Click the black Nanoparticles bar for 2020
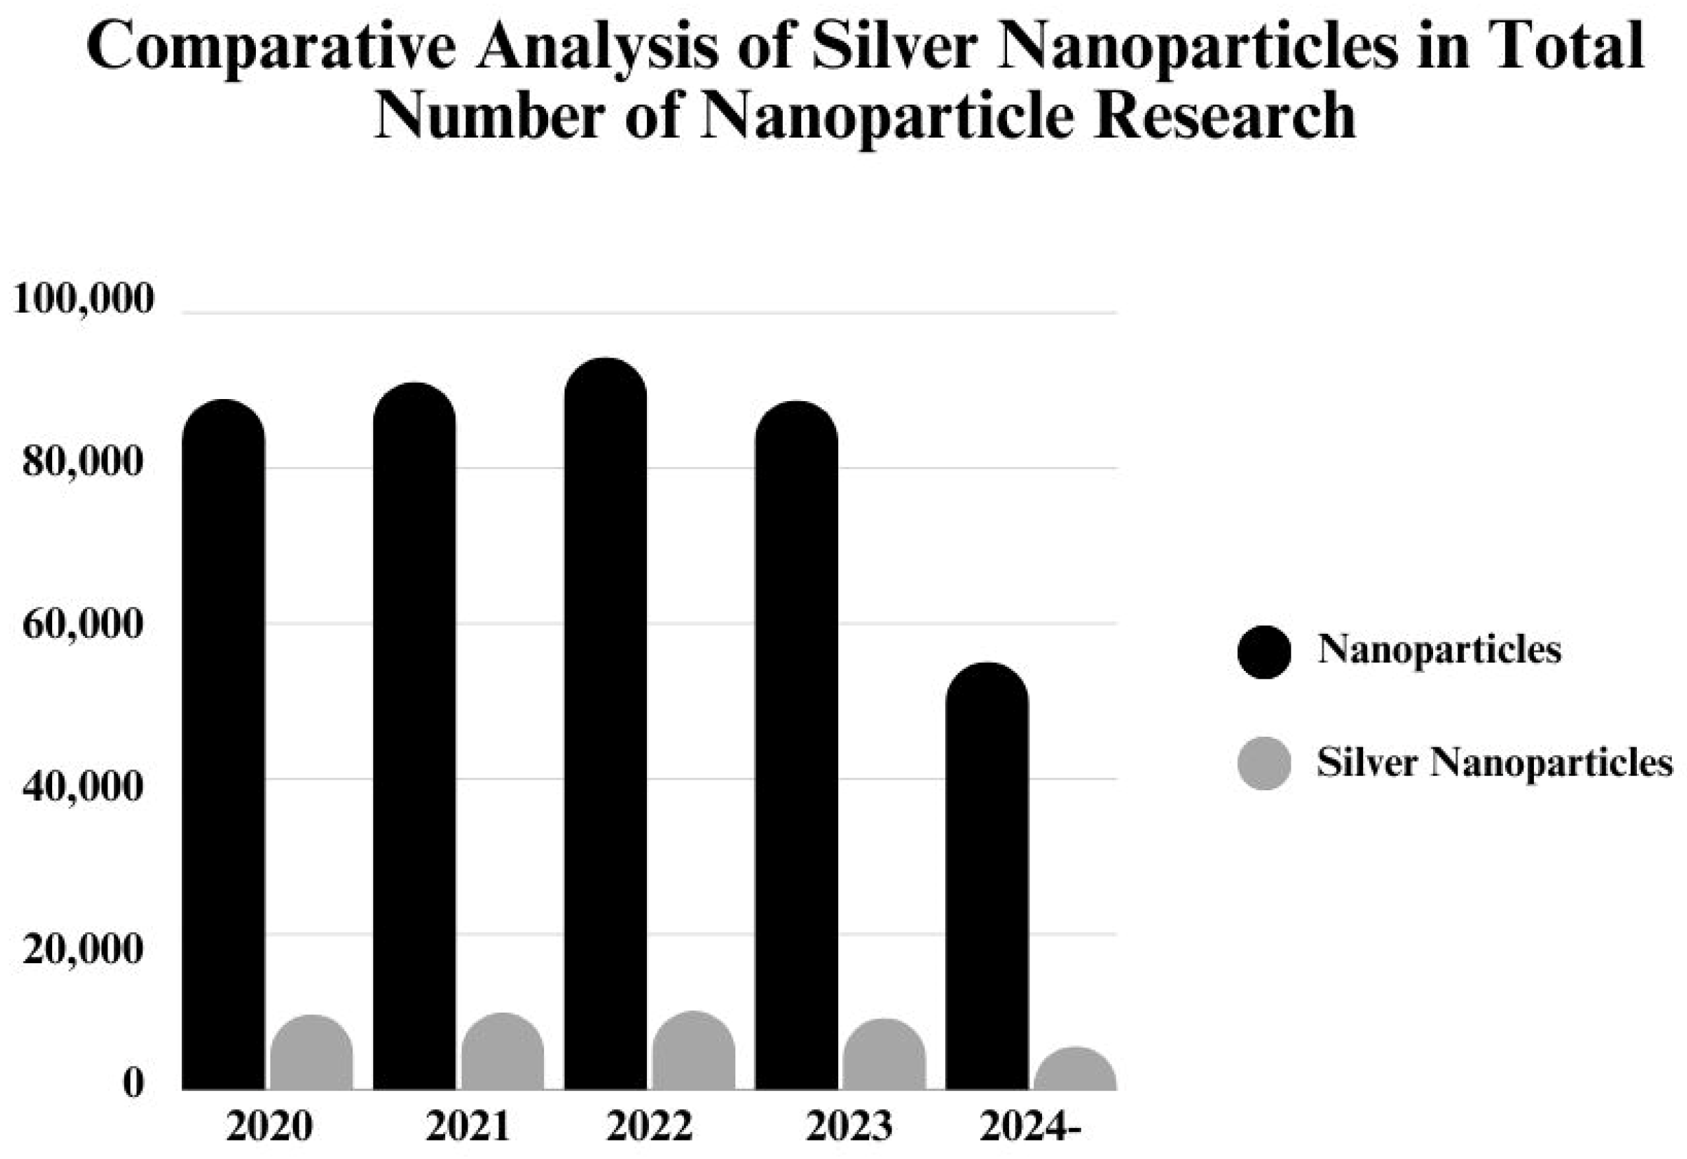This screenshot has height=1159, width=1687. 224,748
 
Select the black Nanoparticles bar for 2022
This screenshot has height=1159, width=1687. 605,726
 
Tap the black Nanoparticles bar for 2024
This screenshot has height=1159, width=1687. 987,879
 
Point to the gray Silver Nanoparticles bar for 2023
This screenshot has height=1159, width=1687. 884,1057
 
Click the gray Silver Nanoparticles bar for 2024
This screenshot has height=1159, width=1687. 1074,1071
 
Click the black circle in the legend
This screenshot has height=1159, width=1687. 1264,652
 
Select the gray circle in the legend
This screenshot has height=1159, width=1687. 1264,763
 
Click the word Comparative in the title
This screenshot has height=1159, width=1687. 272,48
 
